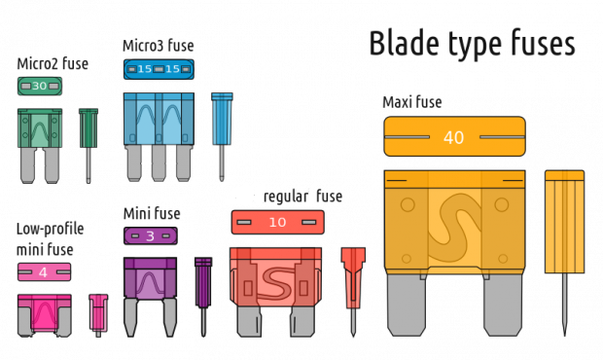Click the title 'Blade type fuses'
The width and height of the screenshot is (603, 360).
click(472, 43)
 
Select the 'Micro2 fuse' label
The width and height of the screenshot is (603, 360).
click(53, 64)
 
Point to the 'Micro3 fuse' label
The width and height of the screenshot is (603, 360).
click(159, 45)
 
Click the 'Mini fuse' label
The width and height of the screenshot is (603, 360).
click(151, 212)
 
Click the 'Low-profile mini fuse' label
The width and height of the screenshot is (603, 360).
click(50, 237)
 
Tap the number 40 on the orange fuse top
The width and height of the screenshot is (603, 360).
click(454, 137)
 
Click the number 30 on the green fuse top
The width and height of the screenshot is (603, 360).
click(40, 87)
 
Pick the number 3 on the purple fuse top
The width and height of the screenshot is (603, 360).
click(150, 235)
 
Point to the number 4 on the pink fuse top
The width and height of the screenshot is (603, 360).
click(43, 272)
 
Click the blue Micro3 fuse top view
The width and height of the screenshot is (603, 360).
click(159, 69)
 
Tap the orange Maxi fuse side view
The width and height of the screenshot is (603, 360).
click(563, 234)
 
